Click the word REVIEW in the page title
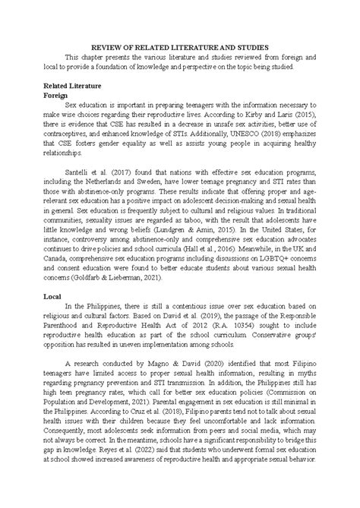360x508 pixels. tap(99, 46)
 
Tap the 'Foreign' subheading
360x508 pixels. tap(57, 97)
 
